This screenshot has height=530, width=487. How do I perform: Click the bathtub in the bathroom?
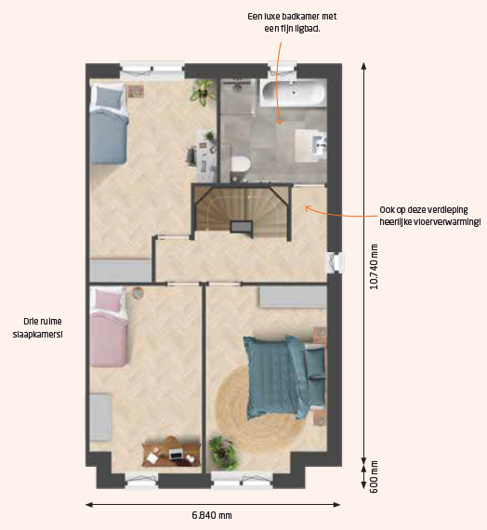tap(293, 93)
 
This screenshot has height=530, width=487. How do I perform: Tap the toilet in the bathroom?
tap(241, 165)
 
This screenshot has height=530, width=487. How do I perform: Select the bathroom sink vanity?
tap(311, 145)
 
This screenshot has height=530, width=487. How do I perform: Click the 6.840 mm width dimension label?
tap(212, 515)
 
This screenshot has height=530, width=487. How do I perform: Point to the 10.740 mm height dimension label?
tap(374, 267)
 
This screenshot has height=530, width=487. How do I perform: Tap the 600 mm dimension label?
tap(374, 477)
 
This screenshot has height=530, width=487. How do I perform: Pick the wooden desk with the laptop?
tap(171, 452)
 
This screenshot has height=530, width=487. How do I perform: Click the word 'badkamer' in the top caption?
tap(300, 16)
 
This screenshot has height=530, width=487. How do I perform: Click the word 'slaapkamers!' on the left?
tap(37, 335)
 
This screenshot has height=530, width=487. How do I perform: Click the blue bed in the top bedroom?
tap(109, 124)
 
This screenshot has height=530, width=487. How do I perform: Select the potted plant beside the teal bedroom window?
tap(223, 453)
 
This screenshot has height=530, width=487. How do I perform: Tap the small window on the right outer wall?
tap(335, 262)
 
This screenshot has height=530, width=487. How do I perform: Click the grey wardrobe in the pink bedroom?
tap(100, 417)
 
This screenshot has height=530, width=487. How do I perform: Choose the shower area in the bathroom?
tap(237, 97)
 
